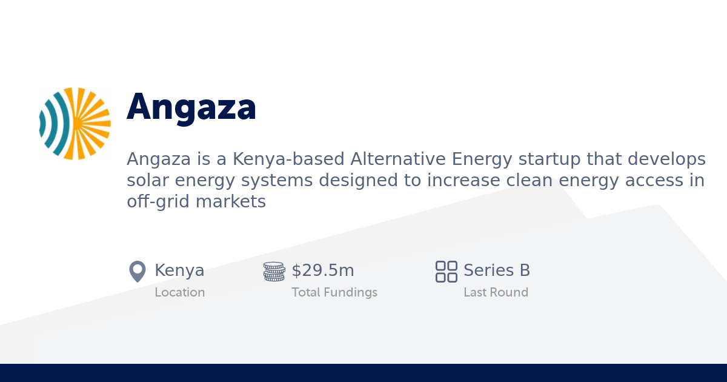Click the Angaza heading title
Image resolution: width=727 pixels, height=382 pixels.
pos(191,107)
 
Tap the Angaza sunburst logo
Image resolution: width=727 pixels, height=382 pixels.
pos(75,124)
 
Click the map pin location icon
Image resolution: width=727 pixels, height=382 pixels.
pos(138,271)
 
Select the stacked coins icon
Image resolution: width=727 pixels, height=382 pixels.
pos(274,271)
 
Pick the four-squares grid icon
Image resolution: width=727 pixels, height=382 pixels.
pos(446,271)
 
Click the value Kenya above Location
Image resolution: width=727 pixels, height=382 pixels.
pos(179,270)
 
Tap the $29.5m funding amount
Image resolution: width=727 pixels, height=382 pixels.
pos(323,270)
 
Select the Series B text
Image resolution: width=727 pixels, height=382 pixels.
pos(497,270)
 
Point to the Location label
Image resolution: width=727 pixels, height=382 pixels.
pos(180,292)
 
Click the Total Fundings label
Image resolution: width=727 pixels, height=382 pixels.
pos(334,292)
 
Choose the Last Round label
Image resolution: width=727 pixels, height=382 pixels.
pos(496,292)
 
